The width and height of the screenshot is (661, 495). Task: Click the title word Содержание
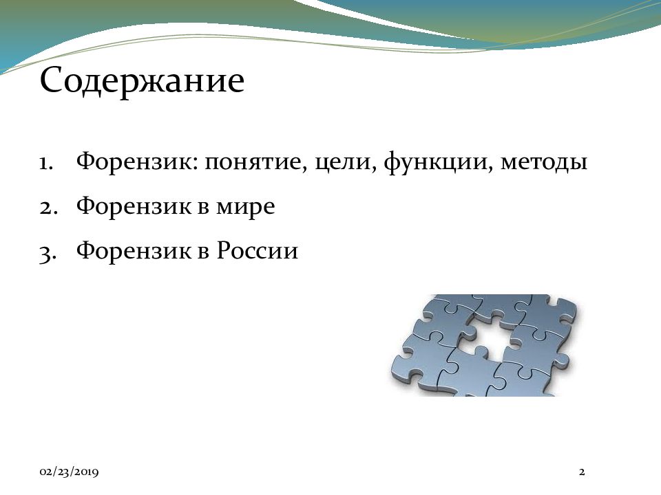(142, 81)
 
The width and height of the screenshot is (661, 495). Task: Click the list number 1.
(46, 163)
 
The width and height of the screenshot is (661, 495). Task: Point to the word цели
(346, 162)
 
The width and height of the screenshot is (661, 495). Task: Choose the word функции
(439, 162)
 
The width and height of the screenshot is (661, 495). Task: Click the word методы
(544, 163)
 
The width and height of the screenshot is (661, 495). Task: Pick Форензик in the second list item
(133, 206)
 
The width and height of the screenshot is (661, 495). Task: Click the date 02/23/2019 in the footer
(69, 472)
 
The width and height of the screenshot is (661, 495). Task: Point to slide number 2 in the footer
(582, 472)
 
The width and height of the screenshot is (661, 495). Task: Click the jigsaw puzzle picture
(483, 345)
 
